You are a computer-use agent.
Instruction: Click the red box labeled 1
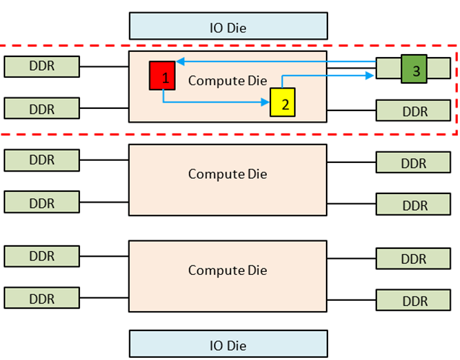pos(162,76)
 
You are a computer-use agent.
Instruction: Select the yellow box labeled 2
pos(283,102)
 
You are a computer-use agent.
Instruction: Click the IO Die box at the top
pos(228,26)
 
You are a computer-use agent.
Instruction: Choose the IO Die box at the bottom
pos(228,344)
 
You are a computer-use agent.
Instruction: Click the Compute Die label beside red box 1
pos(227,80)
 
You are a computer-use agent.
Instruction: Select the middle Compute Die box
pos(228,175)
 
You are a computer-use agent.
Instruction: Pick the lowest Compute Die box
pos(228,271)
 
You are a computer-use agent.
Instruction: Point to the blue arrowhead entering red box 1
pos(180,62)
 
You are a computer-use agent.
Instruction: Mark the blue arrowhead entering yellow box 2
pos(266,102)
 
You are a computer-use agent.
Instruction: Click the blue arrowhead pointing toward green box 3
pos(371,74)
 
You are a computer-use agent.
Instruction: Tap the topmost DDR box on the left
pos(41,66)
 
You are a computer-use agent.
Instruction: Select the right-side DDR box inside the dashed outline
pos(415,110)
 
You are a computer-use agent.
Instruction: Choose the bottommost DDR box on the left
pos(41,297)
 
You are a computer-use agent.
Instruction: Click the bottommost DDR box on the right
pos(415,299)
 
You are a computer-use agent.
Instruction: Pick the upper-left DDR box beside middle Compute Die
pos(41,159)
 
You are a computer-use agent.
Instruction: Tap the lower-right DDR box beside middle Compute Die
pos(415,204)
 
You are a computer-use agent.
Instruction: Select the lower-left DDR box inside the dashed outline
pos(41,108)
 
